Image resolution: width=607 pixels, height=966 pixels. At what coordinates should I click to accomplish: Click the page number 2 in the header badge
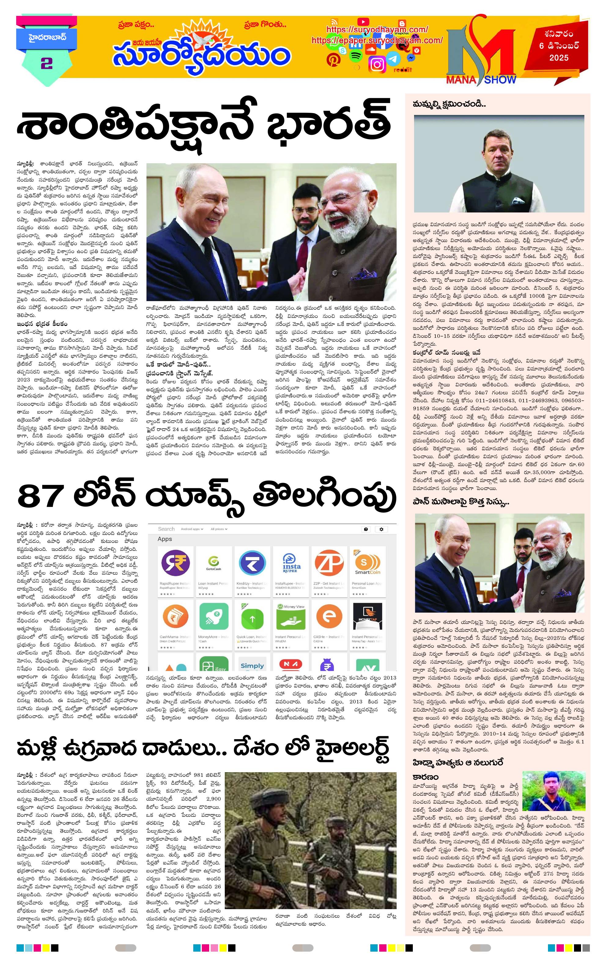coord(46,63)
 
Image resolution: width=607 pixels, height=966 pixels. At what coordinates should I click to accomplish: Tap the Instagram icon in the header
coord(378,64)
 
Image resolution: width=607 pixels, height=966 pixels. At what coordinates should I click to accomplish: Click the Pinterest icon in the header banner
coord(333,59)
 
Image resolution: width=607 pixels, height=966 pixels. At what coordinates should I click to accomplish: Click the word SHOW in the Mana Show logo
coord(500,79)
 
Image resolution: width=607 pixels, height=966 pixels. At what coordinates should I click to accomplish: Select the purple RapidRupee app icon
coord(175,561)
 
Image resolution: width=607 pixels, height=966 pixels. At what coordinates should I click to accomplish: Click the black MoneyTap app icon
coord(367,618)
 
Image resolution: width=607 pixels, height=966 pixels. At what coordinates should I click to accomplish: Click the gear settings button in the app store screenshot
coord(381,529)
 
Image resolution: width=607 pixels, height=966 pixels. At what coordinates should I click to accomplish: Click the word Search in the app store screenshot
coord(166,529)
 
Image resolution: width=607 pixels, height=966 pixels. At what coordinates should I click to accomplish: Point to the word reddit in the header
coord(403,69)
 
